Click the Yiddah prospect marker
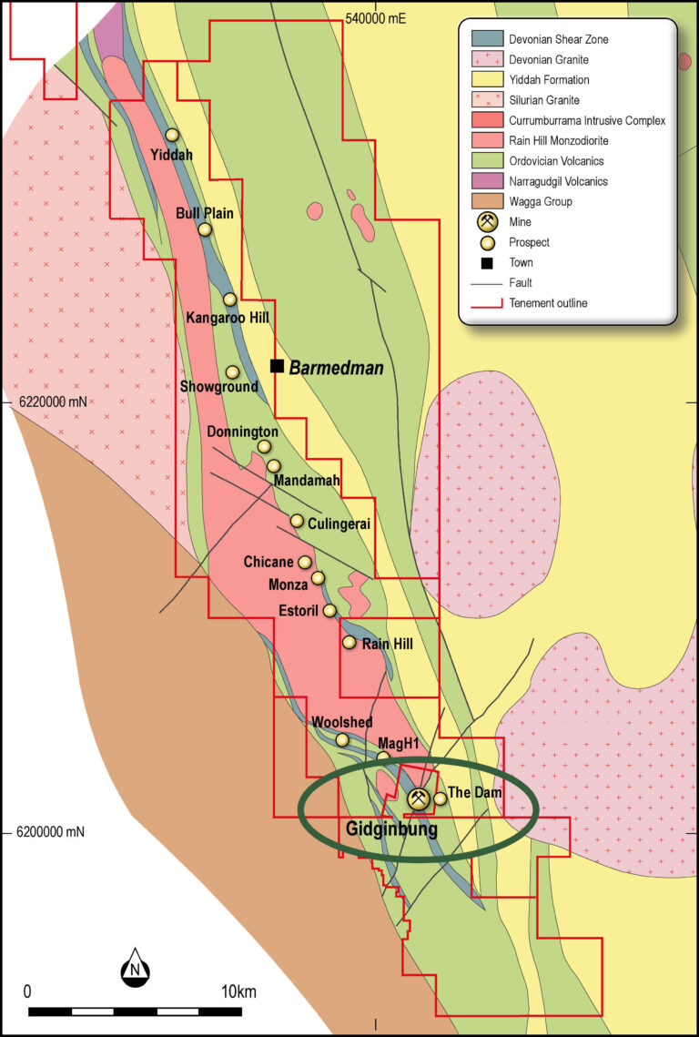(x=172, y=135)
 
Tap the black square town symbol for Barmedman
(x=278, y=366)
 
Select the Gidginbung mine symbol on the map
(x=418, y=799)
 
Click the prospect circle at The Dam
(x=441, y=798)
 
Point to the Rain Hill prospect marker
(x=349, y=643)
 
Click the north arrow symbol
(x=135, y=967)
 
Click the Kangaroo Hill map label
(x=227, y=318)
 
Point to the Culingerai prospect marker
(x=297, y=521)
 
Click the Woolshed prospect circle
(x=342, y=740)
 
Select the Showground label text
(x=218, y=387)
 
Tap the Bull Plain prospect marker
(x=205, y=229)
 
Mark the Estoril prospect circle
(x=329, y=611)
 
